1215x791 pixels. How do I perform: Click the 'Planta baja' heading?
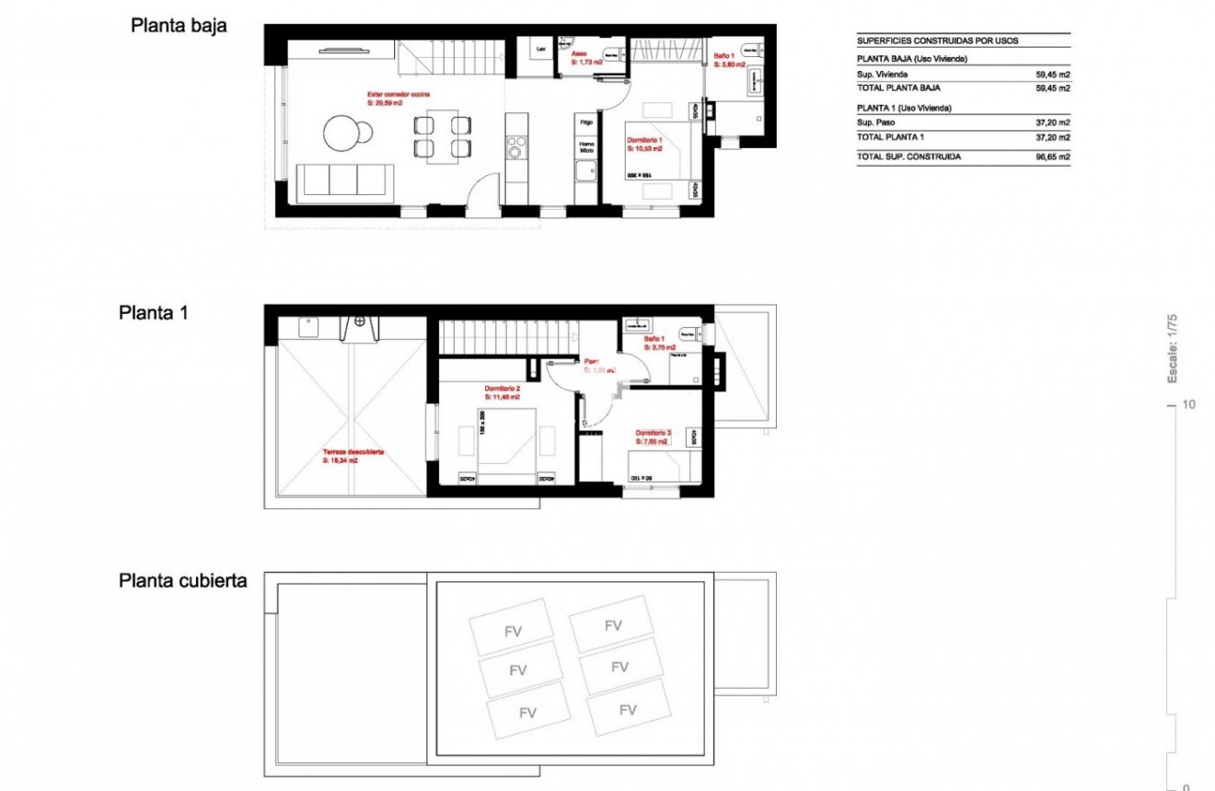tap(179, 26)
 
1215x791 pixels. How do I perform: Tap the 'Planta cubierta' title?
tap(182, 581)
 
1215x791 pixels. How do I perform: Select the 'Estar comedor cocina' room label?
tap(399, 95)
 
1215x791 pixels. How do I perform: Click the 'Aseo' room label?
tap(580, 54)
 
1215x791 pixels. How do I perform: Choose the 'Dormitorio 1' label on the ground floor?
tap(644, 139)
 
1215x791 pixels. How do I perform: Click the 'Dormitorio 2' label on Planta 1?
tap(503, 389)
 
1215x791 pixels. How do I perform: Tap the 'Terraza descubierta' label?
tap(353, 452)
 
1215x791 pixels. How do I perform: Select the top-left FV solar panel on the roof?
tap(512, 632)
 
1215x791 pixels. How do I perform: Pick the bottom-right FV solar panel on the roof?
tap(628, 710)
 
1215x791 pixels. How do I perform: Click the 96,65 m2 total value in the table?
tap(1052, 157)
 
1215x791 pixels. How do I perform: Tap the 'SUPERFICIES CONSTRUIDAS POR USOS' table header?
tap(937, 41)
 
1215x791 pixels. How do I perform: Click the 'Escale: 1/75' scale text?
tap(1173, 349)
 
